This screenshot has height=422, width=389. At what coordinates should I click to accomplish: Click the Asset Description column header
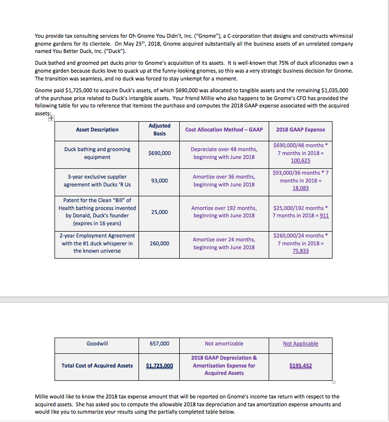[x=97, y=130]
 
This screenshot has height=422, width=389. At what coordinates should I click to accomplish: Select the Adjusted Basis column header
[x=159, y=130]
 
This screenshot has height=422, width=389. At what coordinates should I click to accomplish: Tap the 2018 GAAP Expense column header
[x=300, y=130]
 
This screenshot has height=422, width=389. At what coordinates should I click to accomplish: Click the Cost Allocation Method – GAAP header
[x=224, y=130]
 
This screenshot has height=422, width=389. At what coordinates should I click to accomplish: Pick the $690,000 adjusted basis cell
[x=159, y=153]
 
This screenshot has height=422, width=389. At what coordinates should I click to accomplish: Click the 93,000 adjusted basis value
[x=159, y=181]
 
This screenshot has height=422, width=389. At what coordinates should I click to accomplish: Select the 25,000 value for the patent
[x=159, y=212]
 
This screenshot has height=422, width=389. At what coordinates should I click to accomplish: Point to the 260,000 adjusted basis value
[x=159, y=243]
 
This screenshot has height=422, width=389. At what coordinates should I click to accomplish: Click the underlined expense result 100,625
[x=300, y=161]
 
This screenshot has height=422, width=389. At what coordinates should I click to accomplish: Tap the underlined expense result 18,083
[x=300, y=188]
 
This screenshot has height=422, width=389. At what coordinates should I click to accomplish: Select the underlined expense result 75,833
[x=300, y=251]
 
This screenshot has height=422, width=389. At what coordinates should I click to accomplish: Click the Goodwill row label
[x=97, y=343]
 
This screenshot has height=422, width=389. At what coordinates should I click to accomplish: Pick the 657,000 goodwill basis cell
[x=159, y=343]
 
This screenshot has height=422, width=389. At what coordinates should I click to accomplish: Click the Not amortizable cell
[x=224, y=343]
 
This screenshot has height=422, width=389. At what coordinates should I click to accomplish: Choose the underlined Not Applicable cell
[x=300, y=343]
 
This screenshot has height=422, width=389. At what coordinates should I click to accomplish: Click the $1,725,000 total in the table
[x=160, y=366]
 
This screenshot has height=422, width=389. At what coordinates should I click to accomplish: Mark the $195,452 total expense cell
[x=300, y=366]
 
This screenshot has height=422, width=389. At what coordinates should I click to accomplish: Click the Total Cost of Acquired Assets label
[x=97, y=366]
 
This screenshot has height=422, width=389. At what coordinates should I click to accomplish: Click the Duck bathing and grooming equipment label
[x=97, y=153]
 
